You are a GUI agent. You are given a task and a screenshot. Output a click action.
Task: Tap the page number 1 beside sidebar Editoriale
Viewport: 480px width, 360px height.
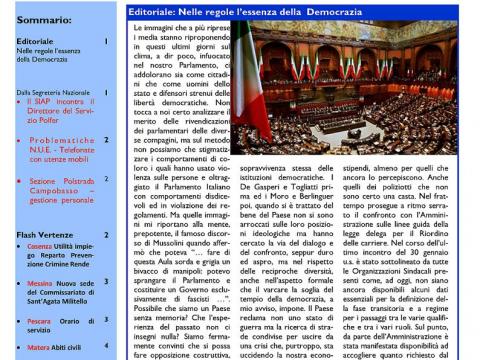pyautogui.click(x=107, y=41)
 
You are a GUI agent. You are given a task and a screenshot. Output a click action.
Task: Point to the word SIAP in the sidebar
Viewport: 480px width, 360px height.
pyautogui.click(x=47, y=101)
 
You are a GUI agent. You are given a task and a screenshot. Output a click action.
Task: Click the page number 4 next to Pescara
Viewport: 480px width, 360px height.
pyautogui.click(x=107, y=320)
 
